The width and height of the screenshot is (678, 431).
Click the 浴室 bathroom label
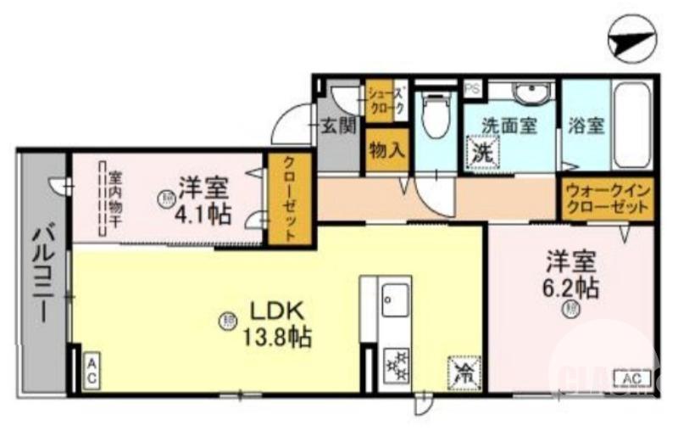coord(586,126)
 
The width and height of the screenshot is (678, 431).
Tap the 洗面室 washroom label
coord(508,126)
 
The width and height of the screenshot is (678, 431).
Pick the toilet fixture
coord(436,116)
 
